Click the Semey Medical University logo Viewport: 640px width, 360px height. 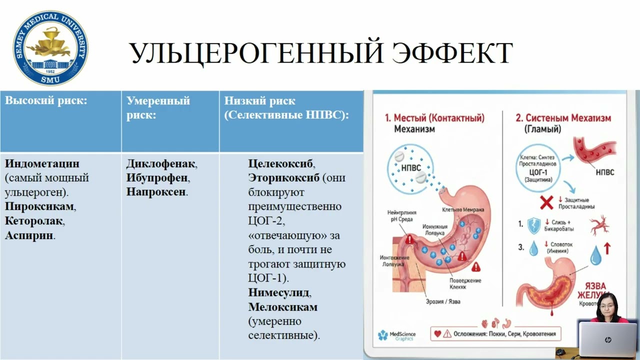click(x=50, y=48)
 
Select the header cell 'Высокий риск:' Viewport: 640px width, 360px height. click(x=46, y=100)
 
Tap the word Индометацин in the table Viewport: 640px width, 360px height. click(x=42, y=163)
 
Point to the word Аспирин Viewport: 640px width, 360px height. click(x=29, y=235)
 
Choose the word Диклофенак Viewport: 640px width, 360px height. click(x=161, y=163)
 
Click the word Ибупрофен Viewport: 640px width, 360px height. click(x=157, y=178)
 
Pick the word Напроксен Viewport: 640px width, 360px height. click(x=156, y=192)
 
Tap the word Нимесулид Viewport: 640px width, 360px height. click(x=278, y=292)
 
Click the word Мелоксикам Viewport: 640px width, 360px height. click(x=282, y=306)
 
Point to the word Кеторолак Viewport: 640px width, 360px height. click(x=34, y=220)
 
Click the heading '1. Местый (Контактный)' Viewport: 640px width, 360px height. click(x=434, y=118)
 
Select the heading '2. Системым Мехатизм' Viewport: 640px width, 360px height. click(x=563, y=118)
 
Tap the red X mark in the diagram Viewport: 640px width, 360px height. click(x=547, y=202)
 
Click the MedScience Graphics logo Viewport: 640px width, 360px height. click(x=397, y=335)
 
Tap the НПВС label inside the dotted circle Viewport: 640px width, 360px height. click(x=411, y=168)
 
